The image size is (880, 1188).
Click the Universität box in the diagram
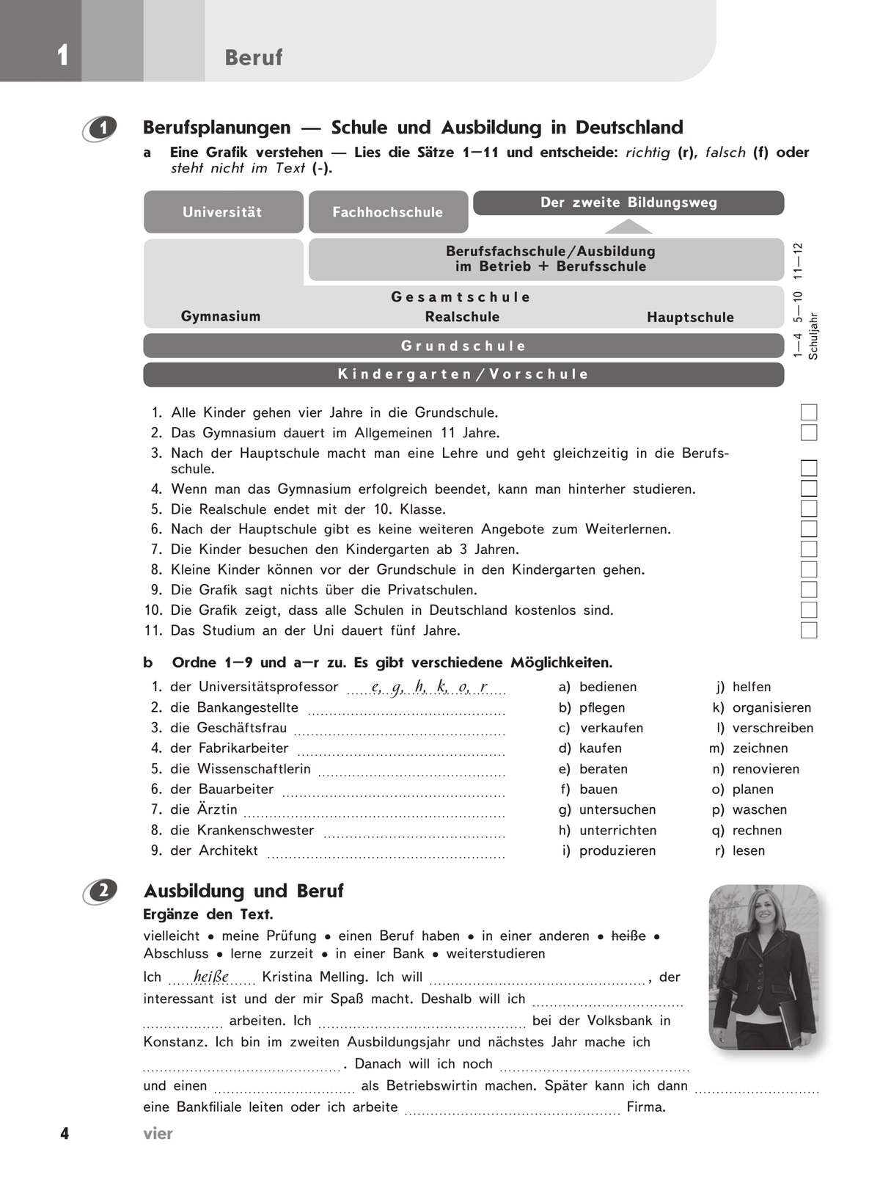pyautogui.click(x=223, y=212)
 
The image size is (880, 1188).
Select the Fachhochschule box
pyautogui.click(x=388, y=212)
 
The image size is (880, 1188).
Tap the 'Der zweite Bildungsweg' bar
pyautogui.click(x=628, y=203)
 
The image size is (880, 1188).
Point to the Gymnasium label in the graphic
pyautogui.click(x=221, y=316)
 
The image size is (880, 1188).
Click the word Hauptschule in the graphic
pyautogui.click(x=690, y=317)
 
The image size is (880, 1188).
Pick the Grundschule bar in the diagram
pyautogui.click(x=463, y=346)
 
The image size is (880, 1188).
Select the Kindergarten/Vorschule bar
pyautogui.click(x=463, y=374)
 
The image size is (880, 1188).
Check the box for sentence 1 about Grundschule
pyautogui.click(x=809, y=412)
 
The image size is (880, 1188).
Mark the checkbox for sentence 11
pyautogui.click(x=809, y=630)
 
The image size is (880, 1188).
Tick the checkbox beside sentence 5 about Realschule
pyautogui.click(x=809, y=509)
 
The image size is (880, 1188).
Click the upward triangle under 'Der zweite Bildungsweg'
pyautogui.click(x=628, y=226)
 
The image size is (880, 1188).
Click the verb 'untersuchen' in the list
pyautogui.click(x=617, y=809)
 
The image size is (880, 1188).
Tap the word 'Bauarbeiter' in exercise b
pyautogui.click(x=236, y=789)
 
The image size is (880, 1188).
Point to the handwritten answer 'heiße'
pyautogui.click(x=211, y=977)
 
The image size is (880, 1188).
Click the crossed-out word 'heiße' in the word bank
pyautogui.click(x=628, y=936)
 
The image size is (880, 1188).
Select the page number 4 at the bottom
pyautogui.click(x=65, y=1134)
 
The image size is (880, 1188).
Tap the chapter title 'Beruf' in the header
pyautogui.click(x=254, y=57)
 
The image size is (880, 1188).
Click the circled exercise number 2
pyautogui.click(x=103, y=891)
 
